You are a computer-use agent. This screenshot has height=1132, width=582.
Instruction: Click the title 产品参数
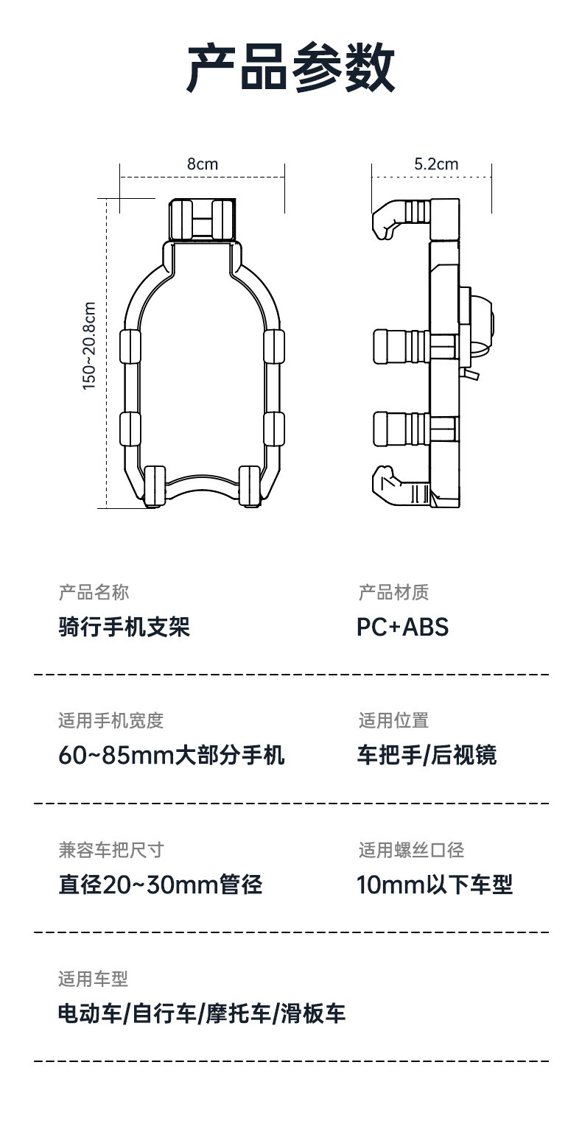click(291, 68)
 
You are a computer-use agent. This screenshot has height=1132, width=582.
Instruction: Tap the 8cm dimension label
click(203, 164)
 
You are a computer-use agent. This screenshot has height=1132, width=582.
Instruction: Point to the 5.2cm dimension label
click(436, 164)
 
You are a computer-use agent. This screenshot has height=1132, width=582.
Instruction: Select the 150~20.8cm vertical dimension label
click(89, 346)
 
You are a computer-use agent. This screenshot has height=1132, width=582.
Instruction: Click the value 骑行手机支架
click(125, 627)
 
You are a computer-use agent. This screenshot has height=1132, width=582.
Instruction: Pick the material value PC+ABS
click(402, 627)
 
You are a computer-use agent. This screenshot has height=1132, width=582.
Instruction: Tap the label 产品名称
click(94, 592)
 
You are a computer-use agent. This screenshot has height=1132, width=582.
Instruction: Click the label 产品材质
click(393, 592)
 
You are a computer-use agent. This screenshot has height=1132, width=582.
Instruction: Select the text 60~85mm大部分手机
click(172, 756)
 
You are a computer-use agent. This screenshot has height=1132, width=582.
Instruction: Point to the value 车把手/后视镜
click(427, 756)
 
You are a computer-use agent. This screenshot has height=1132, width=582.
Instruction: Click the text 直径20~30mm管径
click(160, 885)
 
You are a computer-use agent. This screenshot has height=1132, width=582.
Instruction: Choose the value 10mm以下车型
click(435, 885)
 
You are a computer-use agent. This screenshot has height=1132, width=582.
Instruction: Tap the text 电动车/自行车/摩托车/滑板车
click(202, 1014)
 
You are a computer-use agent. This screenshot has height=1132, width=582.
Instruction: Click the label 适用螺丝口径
click(411, 851)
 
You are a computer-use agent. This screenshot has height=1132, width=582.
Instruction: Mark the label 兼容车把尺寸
click(111, 851)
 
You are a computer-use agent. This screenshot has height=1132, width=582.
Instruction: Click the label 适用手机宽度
click(111, 721)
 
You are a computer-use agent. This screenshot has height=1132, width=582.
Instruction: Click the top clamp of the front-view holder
click(203, 218)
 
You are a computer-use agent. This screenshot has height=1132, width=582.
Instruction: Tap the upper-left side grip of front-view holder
click(130, 347)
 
